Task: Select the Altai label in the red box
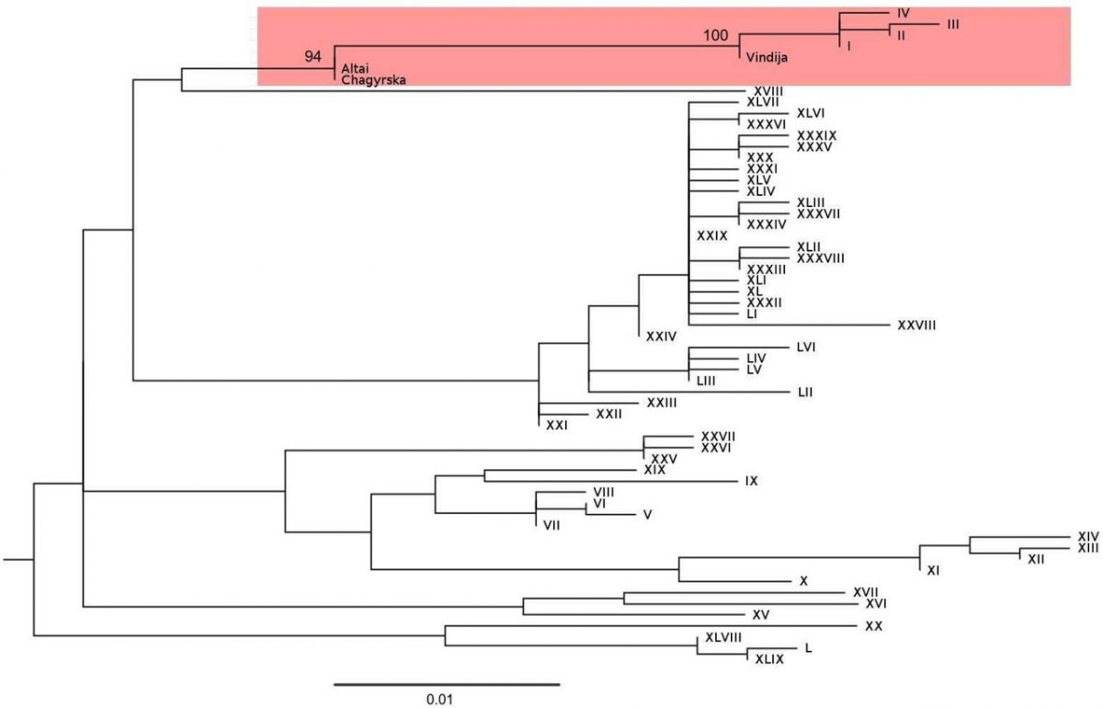[x=355, y=69]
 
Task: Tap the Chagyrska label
[x=373, y=80]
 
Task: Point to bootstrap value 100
[x=715, y=37]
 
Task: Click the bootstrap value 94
[x=313, y=57]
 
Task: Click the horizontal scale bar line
[x=447, y=684]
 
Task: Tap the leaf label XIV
[x=1088, y=535]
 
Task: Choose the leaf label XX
[x=873, y=626]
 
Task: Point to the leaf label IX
[x=751, y=481]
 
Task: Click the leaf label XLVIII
[x=723, y=637]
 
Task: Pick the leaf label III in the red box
[x=952, y=25]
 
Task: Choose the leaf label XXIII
[x=662, y=403]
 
